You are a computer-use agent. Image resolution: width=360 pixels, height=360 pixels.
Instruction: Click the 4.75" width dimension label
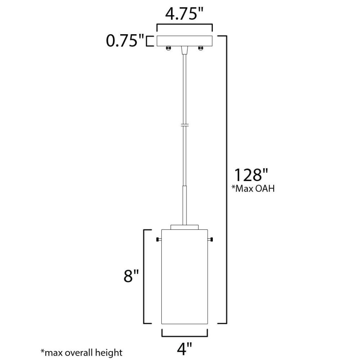coord(184,14)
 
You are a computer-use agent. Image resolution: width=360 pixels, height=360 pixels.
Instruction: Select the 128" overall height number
coord(251,175)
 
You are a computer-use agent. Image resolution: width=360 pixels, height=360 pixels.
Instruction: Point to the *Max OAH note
coord(253,189)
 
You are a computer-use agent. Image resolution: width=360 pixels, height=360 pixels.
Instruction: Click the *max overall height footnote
coord(81,352)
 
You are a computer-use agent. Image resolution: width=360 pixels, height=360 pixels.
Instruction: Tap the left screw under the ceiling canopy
coord(168,48)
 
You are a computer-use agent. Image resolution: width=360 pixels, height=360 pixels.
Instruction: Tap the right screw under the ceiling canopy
coord(201,48)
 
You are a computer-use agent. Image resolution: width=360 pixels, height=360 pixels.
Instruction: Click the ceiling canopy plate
coord(185,41)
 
